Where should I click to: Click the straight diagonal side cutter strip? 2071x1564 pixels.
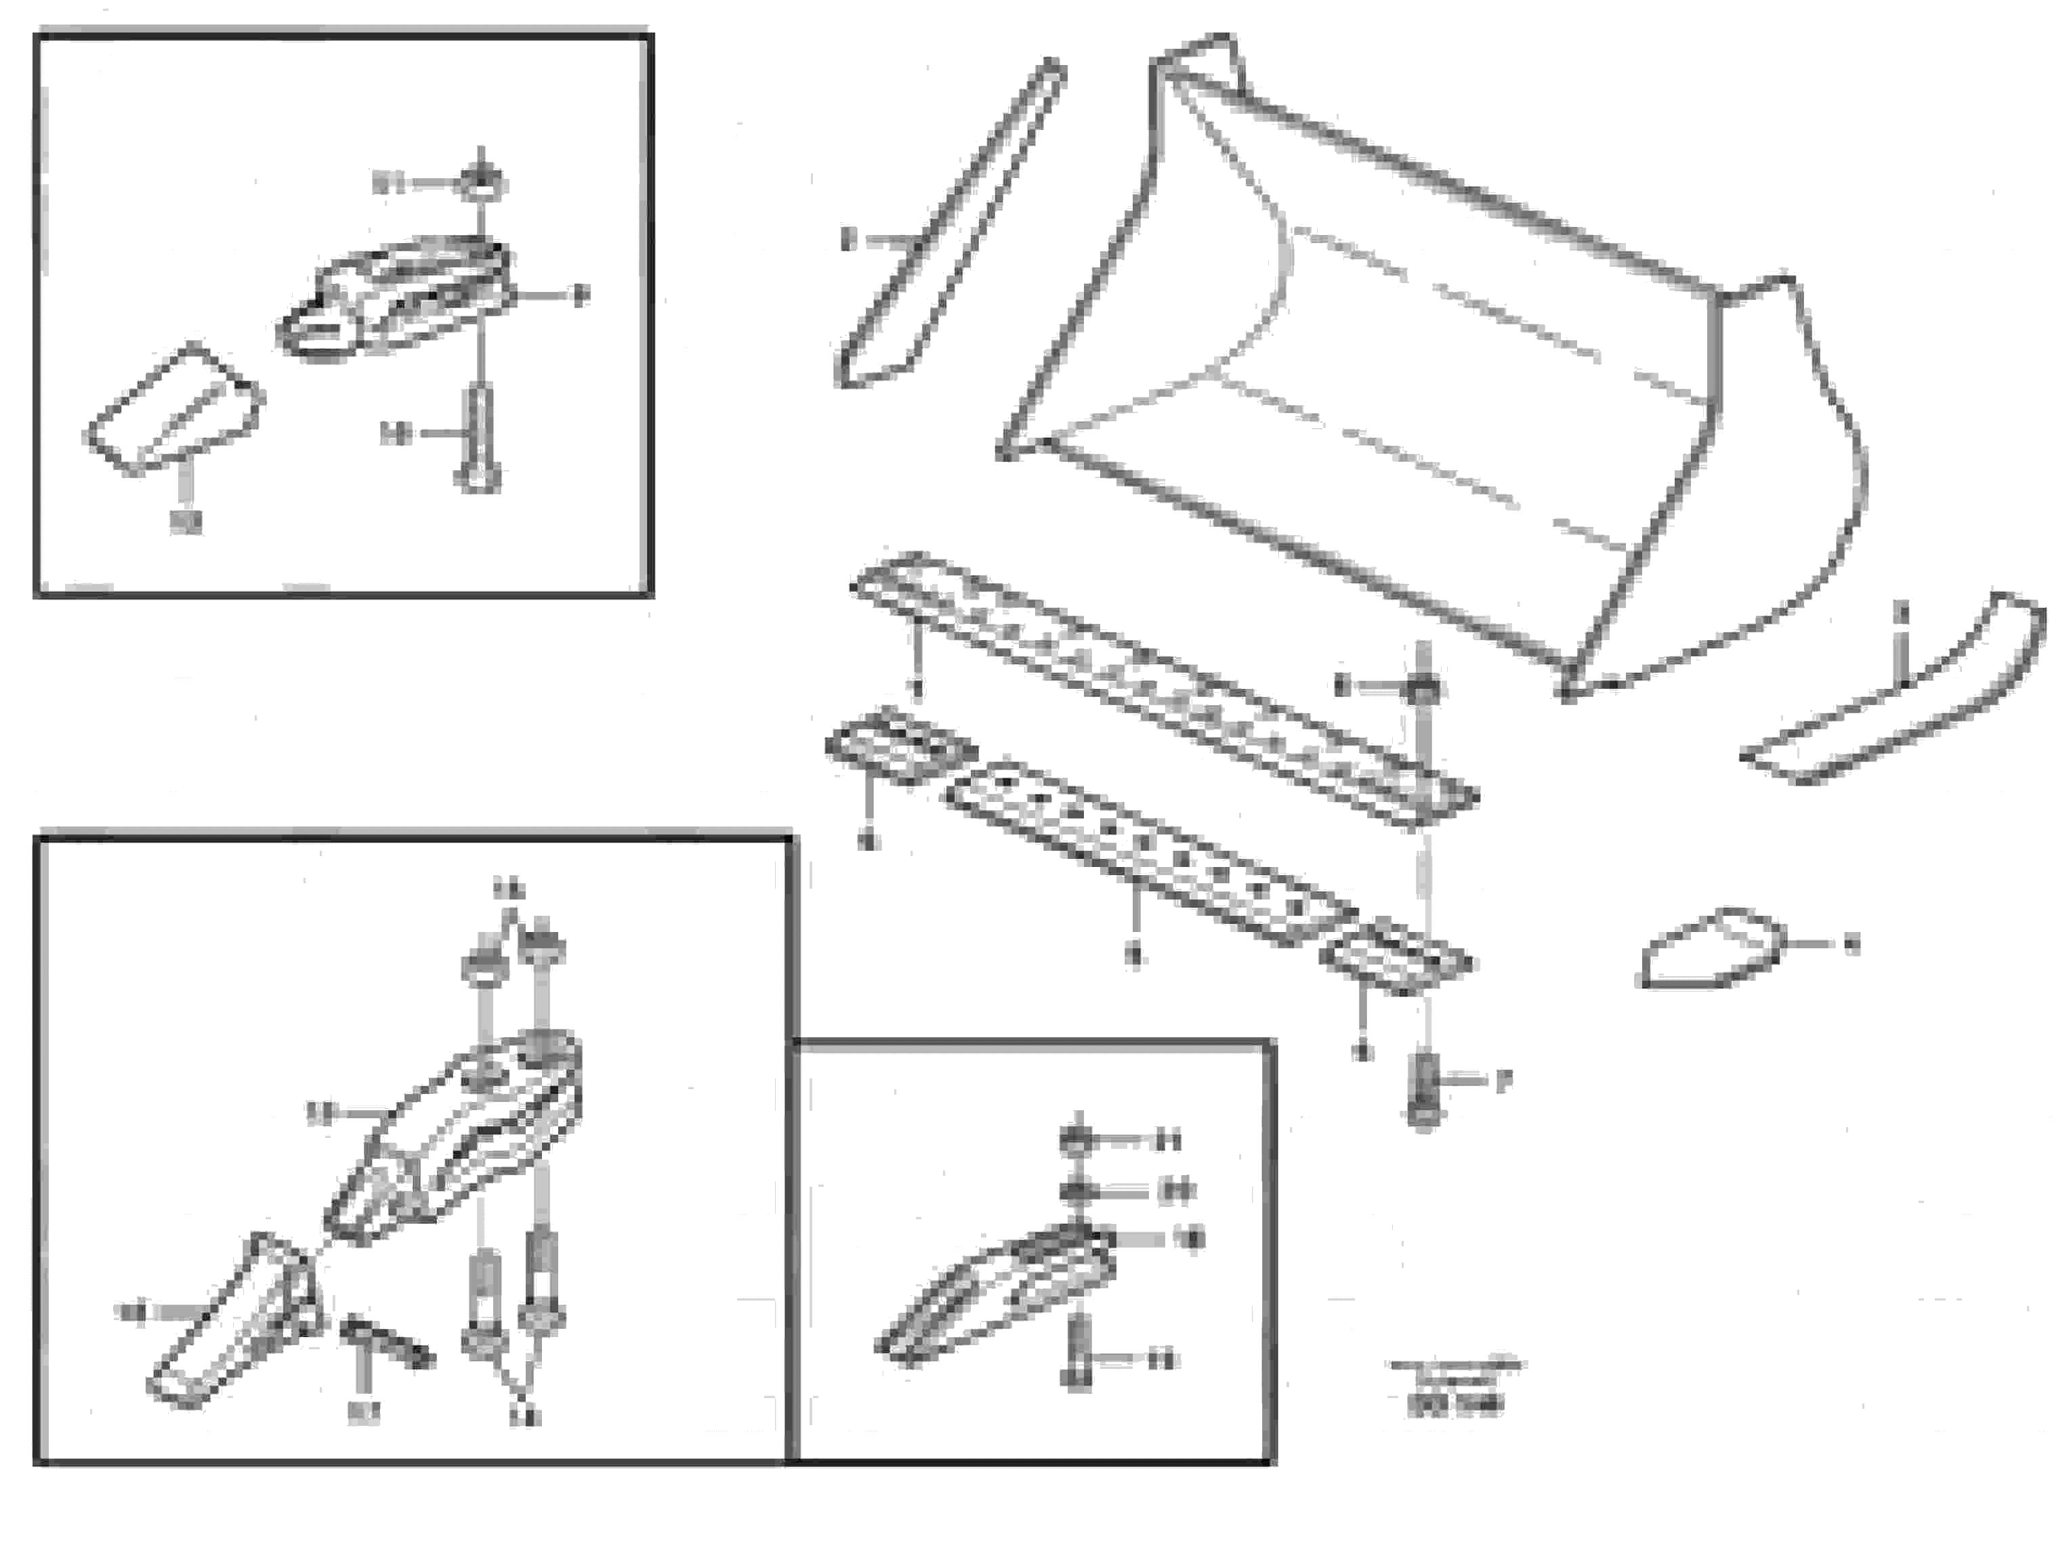click(950, 225)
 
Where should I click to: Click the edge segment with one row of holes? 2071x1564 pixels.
click(1147, 851)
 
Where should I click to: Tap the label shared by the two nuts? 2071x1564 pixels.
click(510, 889)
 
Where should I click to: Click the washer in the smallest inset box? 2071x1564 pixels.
click(1076, 1191)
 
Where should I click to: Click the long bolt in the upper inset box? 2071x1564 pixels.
click(478, 436)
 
